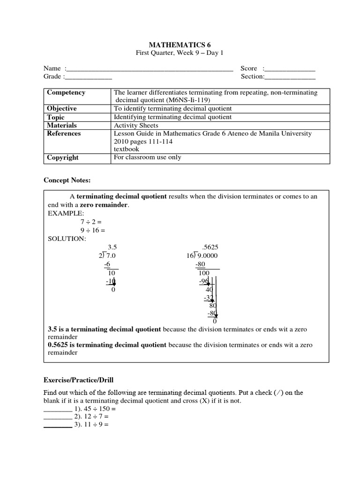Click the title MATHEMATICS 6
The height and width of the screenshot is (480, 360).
click(180, 45)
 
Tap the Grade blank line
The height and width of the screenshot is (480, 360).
click(88, 77)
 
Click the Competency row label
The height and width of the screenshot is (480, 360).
click(66, 92)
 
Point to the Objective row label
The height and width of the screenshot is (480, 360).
click(62, 108)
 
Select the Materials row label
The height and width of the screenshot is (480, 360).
click(62, 125)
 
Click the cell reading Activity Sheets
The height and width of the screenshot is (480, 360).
click(136, 125)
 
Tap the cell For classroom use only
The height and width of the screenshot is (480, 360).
click(147, 157)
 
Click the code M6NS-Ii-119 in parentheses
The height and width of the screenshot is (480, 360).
click(185, 100)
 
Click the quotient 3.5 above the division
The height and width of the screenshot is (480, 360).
click(112, 247)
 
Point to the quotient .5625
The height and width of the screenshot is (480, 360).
click(209, 247)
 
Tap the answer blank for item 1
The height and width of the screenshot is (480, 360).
click(58, 409)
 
